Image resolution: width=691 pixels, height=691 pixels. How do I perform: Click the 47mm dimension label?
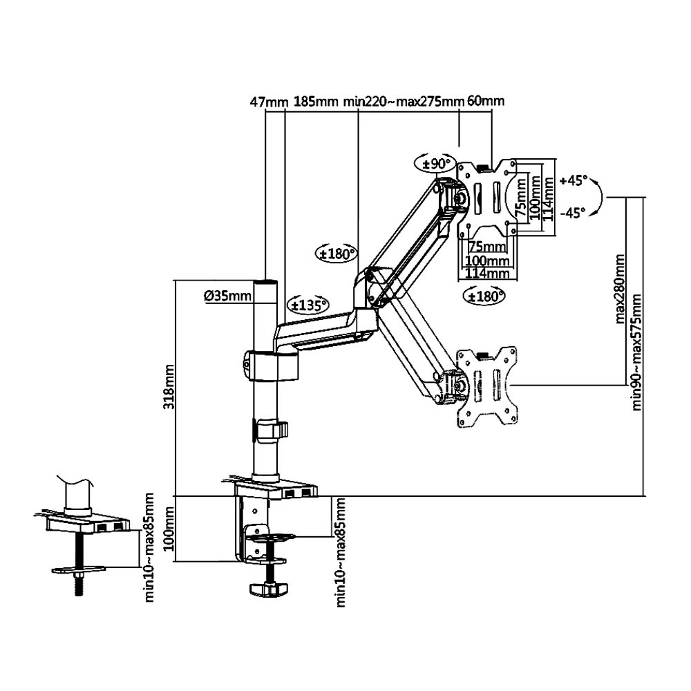point(268,102)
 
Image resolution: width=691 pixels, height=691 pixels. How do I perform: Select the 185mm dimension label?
point(315,102)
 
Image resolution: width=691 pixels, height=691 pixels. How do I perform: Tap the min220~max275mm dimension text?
point(404,102)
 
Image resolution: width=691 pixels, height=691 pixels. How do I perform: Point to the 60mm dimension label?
point(486,102)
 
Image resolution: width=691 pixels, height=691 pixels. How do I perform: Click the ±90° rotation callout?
point(434,164)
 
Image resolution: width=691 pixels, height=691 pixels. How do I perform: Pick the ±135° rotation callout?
point(307,304)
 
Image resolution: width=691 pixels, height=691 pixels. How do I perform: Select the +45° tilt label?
point(573,180)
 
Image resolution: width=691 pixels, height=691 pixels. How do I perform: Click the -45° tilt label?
point(573,214)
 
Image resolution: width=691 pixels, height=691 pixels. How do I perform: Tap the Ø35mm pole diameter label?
point(227,296)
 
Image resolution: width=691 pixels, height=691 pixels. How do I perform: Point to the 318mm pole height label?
point(169,386)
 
